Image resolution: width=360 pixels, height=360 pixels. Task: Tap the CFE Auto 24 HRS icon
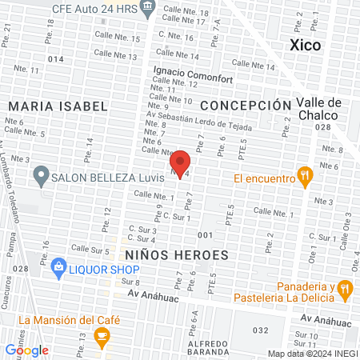[x=147, y=8]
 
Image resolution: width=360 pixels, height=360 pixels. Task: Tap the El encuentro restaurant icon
[x=303, y=177]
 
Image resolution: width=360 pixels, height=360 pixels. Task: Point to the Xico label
[x=305, y=46]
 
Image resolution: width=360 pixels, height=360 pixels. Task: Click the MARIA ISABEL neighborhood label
[x=58, y=106]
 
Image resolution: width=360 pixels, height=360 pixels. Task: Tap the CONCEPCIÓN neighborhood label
[x=246, y=106]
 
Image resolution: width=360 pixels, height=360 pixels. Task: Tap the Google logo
[x=27, y=350]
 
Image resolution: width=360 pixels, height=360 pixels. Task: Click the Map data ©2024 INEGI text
[x=312, y=354]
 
